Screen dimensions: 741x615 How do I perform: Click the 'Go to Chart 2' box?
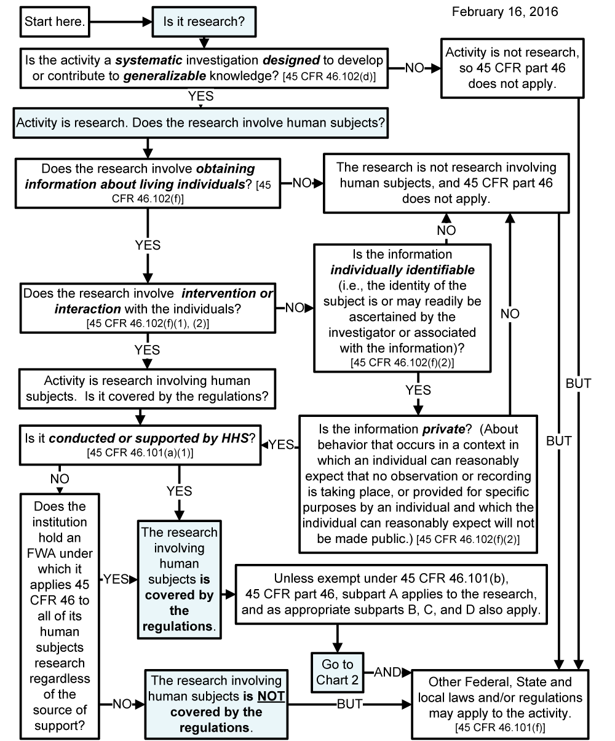pos(338,672)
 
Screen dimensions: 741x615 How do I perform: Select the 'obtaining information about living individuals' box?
pos(148,181)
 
